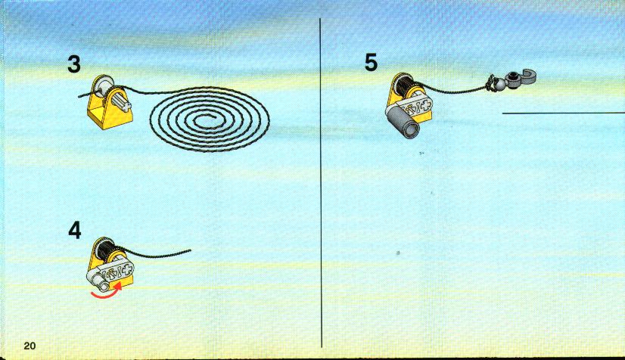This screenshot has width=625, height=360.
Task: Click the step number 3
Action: [74, 64]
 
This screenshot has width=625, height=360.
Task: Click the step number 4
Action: [75, 230]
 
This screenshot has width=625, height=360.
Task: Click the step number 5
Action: [371, 63]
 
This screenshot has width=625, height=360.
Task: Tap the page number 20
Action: [30, 346]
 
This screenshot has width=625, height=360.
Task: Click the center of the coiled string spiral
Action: [210, 119]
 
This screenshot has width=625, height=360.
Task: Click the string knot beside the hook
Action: [489, 83]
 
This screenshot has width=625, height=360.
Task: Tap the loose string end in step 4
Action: [190, 251]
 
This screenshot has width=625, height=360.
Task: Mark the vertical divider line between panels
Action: [321, 183]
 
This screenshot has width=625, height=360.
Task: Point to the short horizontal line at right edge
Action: [563, 113]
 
